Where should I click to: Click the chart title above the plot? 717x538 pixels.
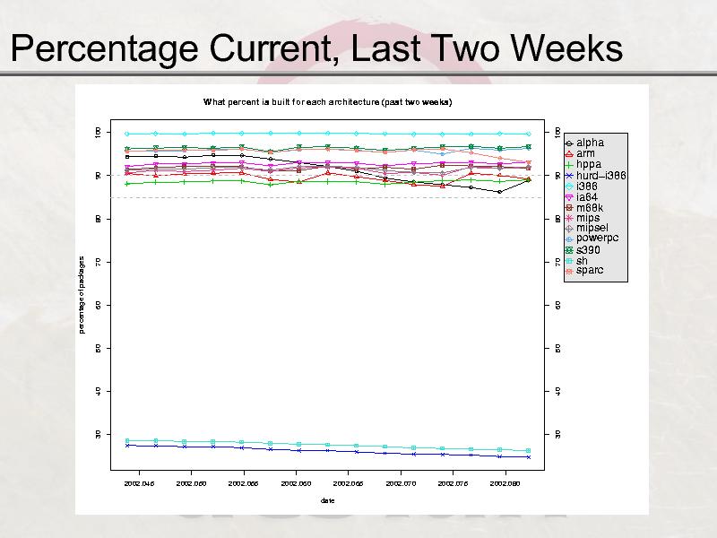327,102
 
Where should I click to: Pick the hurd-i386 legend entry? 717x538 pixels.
600,176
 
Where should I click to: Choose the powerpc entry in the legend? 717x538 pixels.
597,239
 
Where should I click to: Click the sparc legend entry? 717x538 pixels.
590,270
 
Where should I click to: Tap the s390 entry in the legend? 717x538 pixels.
590,249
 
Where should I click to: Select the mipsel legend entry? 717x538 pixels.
592,228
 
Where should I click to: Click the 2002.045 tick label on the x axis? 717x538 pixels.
140,482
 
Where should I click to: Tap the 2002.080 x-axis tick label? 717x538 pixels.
505,482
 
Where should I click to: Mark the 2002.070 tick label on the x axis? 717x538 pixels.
401,482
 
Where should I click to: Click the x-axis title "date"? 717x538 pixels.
328,500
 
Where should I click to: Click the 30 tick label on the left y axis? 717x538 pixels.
98,434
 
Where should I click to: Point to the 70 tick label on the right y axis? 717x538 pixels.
557,262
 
